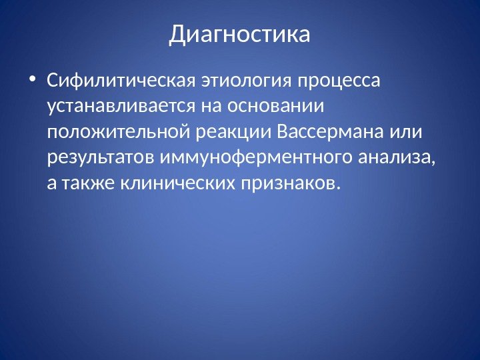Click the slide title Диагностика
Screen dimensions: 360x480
(240, 33)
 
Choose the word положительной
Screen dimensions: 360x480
(120, 131)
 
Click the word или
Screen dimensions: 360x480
(407, 131)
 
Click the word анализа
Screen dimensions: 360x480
(399, 156)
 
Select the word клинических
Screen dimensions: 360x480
(177, 181)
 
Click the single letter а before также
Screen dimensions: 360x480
(52, 183)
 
